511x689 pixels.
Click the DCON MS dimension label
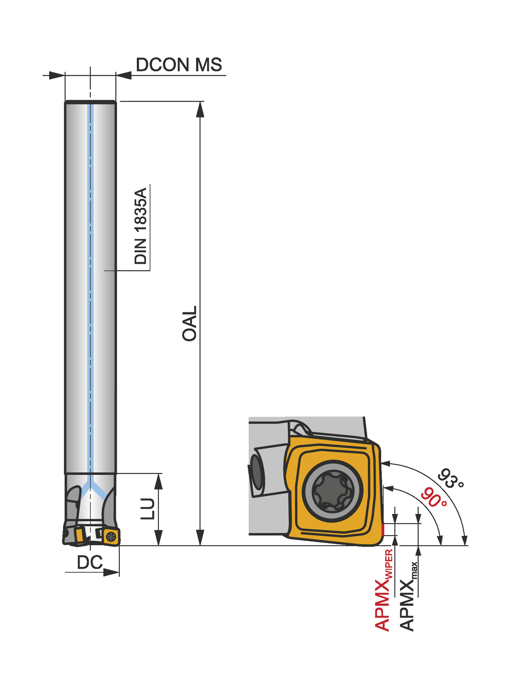tap(179, 65)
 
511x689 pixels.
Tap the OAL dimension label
tap(190, 323)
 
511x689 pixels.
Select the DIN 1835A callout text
tap(141, 226)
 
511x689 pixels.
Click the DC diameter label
tap(90, 562)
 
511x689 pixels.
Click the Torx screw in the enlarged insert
tap(332, 490)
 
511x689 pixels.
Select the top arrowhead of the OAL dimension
tap(200, 109)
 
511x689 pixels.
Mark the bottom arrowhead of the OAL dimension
tap(200, 538)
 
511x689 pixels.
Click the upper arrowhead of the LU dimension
tap(158, 481)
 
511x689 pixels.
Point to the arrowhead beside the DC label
tap(112, 572)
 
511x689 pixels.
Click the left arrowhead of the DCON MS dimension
tap(56, 75)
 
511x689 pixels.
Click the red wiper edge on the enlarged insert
tap(382, 530)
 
